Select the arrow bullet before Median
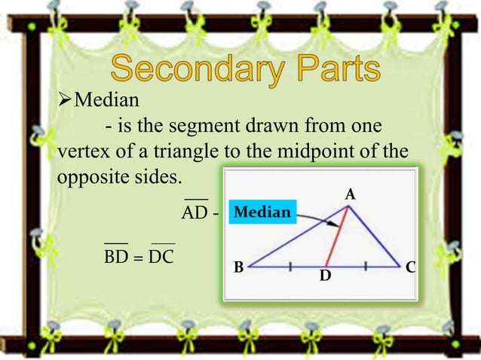tap(66, 99)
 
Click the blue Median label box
tap(262, 212)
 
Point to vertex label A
tap(349, 195)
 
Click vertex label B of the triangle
tap(237, 267)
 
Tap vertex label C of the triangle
tap(409, 267)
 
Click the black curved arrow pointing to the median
tap(320, 218)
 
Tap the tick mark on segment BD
tap(290, 265)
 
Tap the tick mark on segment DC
tap(365, 265)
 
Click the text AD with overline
tap(195, 214)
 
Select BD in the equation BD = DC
tap(116, 257)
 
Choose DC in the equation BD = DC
tap(161, 257)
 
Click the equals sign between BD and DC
tap(139, 258)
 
